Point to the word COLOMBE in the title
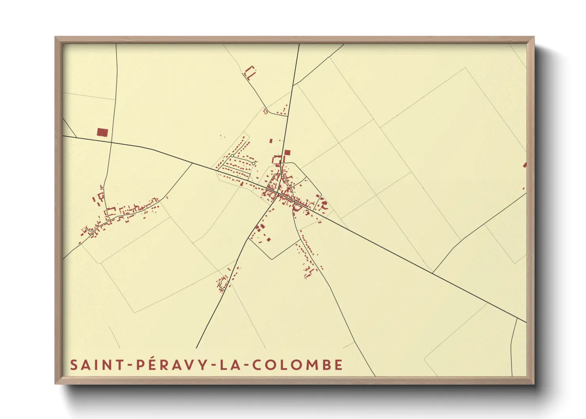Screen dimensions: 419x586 click(x=297, y=365)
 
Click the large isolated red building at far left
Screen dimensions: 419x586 click(x=102, y=132)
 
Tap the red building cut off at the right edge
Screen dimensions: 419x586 click(x=525, y=165)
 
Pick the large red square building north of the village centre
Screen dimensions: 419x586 click(x=287, y=152)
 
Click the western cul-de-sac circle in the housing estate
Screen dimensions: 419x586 click(x=232, y=156)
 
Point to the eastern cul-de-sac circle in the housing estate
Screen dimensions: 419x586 click(x=253, y=163)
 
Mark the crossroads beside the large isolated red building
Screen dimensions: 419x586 click(x=111, y=142)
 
